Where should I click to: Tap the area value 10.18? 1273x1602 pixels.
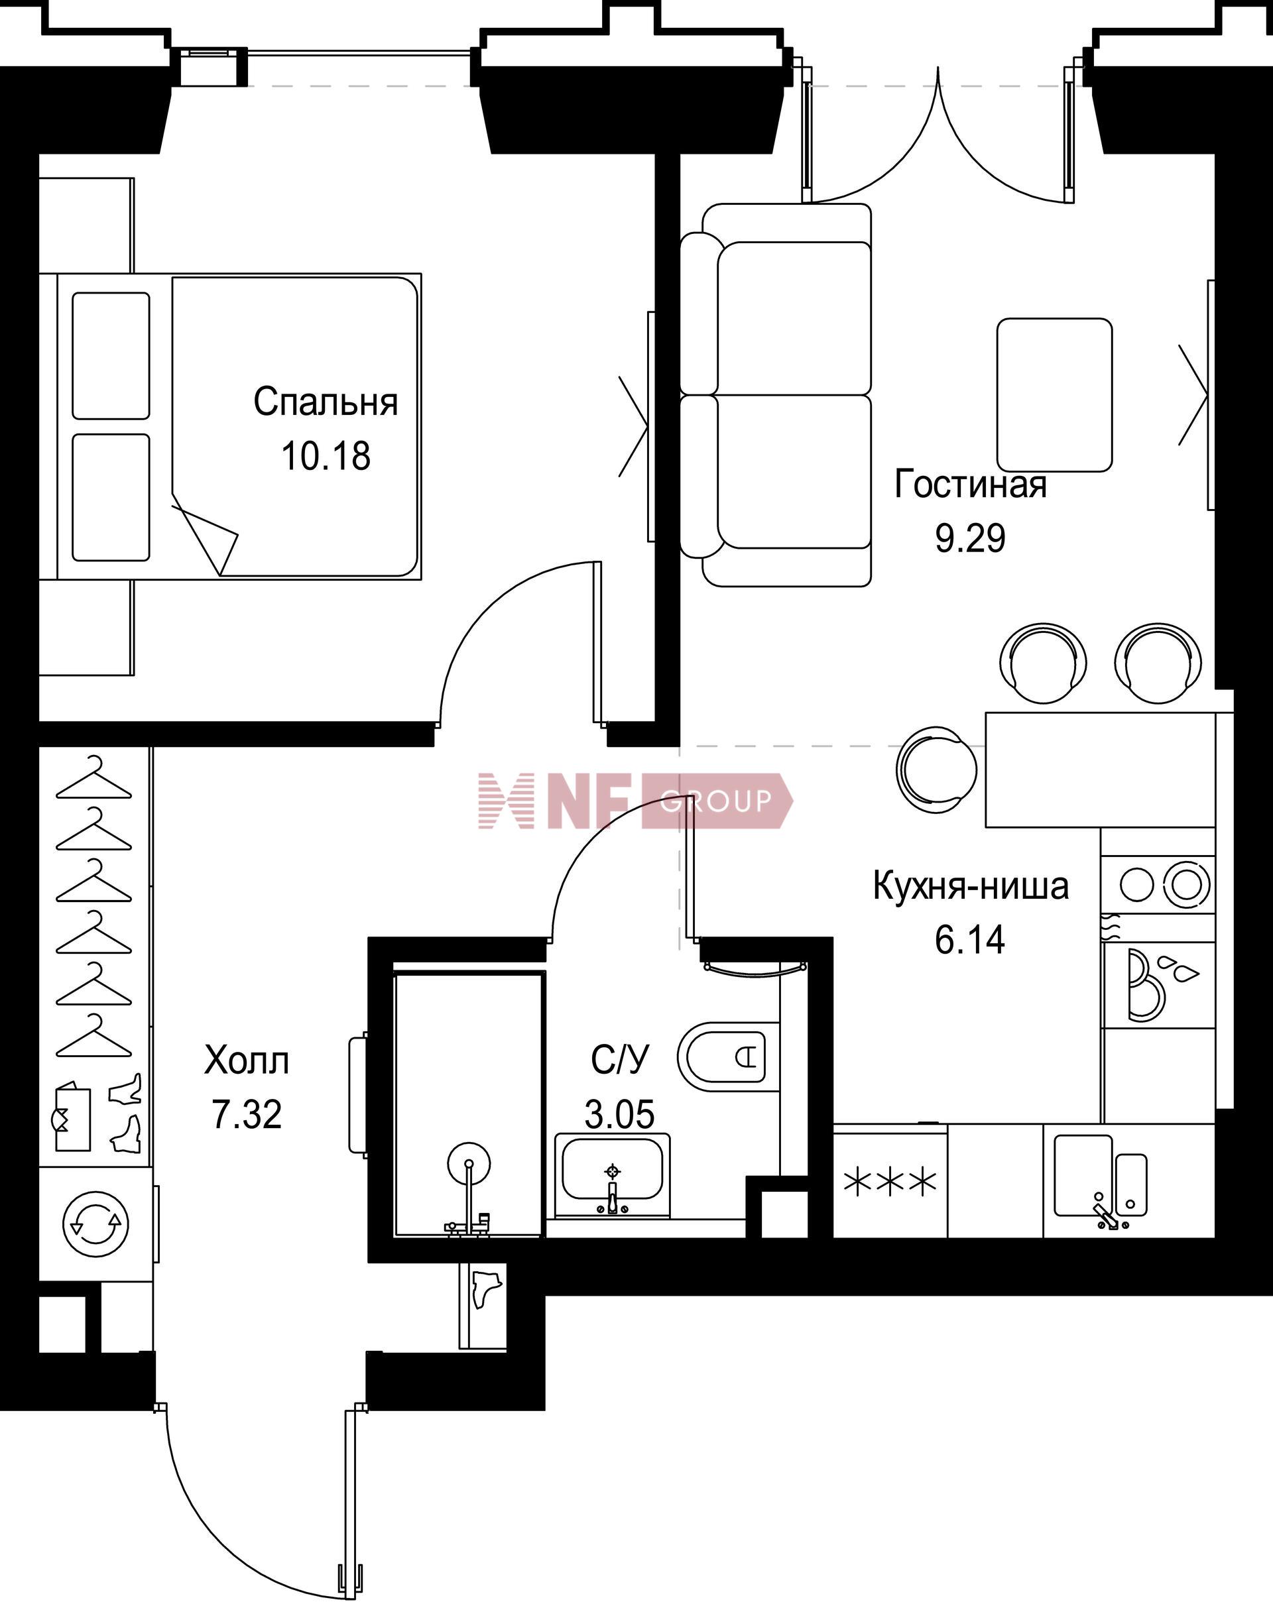click(x=326, y=455)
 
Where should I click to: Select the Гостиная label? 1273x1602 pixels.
click(x=971, y=484)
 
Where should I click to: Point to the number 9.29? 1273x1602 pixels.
click(x=971, y=538)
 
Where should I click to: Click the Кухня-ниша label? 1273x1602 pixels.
click(x=971, y=886)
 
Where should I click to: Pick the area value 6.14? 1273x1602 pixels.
click(x=970, y=939)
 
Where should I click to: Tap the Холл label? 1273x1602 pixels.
click(x=247, y=1060)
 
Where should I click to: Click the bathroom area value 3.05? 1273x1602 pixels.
click(x=619, y=1115)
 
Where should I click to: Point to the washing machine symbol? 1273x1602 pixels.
click(x=96, y=1224)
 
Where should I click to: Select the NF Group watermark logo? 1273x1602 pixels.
click(x=635, y=800)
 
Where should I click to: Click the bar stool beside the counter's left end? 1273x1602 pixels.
click(x=936, y=769)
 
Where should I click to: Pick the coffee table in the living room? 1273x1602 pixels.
click(x=1054, y=394)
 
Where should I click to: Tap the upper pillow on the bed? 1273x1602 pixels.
click(x=111, y=356)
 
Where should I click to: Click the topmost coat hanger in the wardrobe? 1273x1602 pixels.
click(x=93, y=777)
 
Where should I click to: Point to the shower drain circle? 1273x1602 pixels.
click(x=469, y=1165)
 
